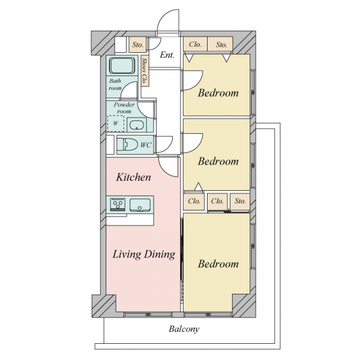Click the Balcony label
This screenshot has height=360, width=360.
click(184, 329)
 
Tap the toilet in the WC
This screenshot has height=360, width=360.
click(127, 145)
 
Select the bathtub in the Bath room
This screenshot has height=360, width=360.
click(122, 65)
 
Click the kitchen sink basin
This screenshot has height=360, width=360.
click(140, 205)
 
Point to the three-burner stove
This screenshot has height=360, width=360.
click(118, 205)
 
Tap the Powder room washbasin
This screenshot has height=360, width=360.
click(137, 125)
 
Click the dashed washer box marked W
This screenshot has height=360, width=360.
click(116, 124)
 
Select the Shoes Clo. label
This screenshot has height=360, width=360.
click(145, 71)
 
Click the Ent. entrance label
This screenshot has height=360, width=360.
click(167, 55)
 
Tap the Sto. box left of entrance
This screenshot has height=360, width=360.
click(137, 44)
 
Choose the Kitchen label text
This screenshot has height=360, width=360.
click(133, 177)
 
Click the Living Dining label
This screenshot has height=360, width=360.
click(144, 254)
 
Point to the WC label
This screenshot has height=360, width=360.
click(146, 145)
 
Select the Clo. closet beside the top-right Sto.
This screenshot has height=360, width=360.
click(196, 44)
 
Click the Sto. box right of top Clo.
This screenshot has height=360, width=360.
click(220, 44)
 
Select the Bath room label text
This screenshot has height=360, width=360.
click(115, 84)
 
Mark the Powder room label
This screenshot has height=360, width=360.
click(124, 108)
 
